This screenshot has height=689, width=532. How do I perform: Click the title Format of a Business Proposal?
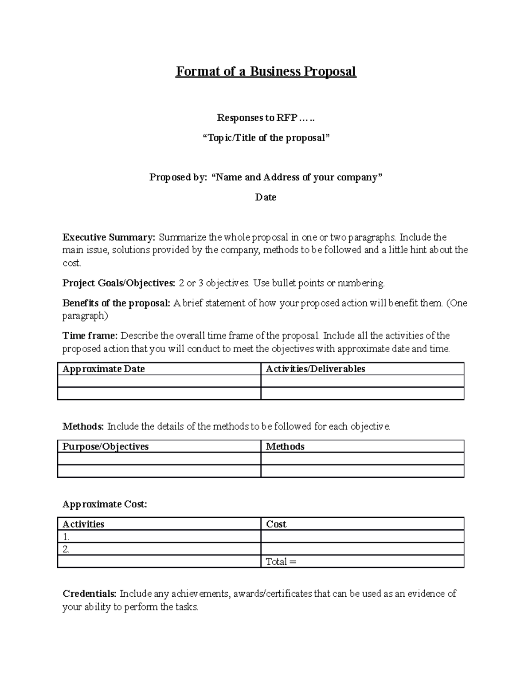click(x=266, y=71)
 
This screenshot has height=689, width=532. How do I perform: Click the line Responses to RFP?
click(x=266, y=118)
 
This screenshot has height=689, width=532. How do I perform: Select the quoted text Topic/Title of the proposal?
click(x=266, y=138)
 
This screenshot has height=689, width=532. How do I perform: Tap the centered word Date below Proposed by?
click(x=266, y=197)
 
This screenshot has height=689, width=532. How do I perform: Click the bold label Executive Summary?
click(x=109, y=237)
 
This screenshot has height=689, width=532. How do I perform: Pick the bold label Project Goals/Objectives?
click(x=119, y=283)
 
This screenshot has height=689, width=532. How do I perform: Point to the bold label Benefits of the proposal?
click(x=116, y=303)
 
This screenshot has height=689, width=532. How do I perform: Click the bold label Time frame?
click(x=90, y=335)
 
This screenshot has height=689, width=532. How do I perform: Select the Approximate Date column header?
click(x=104, y=369)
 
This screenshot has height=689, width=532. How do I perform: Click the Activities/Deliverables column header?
click(x=315, y=369)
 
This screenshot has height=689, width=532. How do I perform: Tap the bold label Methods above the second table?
click(x=83, y=427)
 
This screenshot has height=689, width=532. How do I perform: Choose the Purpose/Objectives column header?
click(x=106, y=447)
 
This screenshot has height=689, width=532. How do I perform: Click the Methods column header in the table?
click(x=285, y=447)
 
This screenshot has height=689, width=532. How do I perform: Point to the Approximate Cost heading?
click(x=105, y=504)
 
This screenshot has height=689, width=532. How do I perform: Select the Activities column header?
click(x=83, y=524)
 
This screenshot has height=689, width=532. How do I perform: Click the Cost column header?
click(x=276, y=524)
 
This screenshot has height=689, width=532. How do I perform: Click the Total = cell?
click(x=281, y=562)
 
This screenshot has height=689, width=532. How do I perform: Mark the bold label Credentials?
click(x=90, y=594)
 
